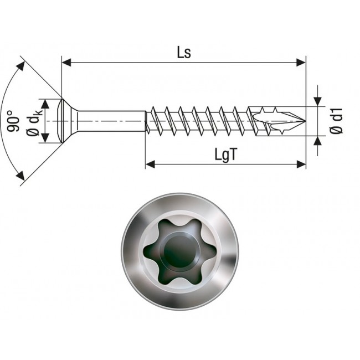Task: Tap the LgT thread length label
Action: (x=226, y=155)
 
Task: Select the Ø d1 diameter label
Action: (x=337, y=121)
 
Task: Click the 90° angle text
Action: (x=14, y=121)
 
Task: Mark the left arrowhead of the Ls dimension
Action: (x=66, y=63)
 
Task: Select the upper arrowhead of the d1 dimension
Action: (x=317, y=101)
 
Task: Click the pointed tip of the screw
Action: (x=304, y=121)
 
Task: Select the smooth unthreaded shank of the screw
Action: (x=111, y=120)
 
